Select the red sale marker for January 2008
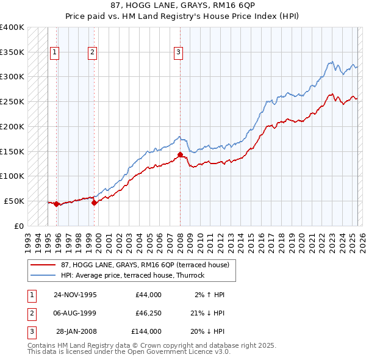tap(180, 154)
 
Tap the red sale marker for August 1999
tap(95, 203)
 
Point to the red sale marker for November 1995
tap(57, 204)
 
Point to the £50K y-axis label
tap(15, 201)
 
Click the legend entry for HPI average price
tap(132, 275)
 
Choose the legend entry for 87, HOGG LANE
tap(145, 265)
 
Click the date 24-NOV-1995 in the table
tap(75, 295)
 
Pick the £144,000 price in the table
tap(146, 331)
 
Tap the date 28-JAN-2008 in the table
tap(76, 331)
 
